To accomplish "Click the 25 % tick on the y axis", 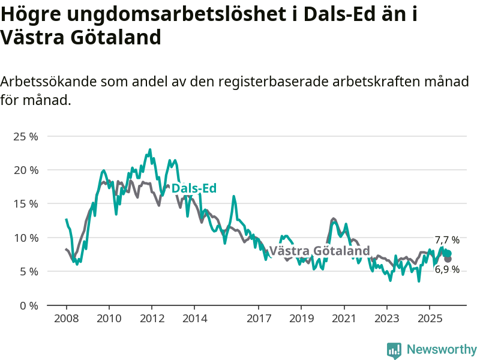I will click(x=25, y=136).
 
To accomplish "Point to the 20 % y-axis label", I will click(x=25, y=170).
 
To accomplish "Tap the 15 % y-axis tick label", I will click(x=25, y=204).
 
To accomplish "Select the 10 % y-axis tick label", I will click(x=25, y=238).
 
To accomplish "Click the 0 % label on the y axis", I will click(x=28, y=305).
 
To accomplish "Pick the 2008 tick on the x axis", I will click(x=66, y=317).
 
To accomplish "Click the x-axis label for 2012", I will click(x=151, y=317).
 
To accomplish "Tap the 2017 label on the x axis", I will click(x=259, y=317).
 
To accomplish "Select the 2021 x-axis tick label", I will click(x=344, y=317).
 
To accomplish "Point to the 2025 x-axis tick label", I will click(x=430, y=317).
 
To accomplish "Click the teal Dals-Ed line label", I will click(x=194, y=188).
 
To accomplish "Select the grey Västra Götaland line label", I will click(x=319, y=251).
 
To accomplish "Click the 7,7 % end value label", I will click(x=447, y=240).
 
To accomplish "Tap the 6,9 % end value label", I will click(x=447, y=269).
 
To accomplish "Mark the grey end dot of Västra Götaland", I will click(x=448, y=259).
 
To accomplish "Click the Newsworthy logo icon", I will click(x=394, y=350).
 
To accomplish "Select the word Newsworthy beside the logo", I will click(x=442, y=349).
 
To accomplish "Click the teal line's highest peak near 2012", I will click(x=150, y=149).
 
